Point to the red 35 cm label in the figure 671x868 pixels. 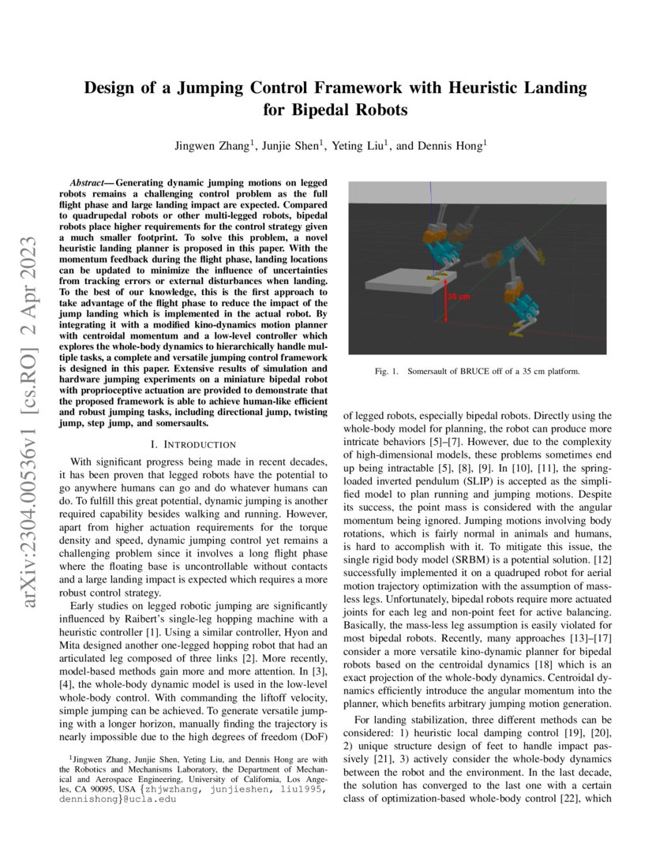[x=459, y=297]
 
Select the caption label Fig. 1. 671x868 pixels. [x=390, y=370]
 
